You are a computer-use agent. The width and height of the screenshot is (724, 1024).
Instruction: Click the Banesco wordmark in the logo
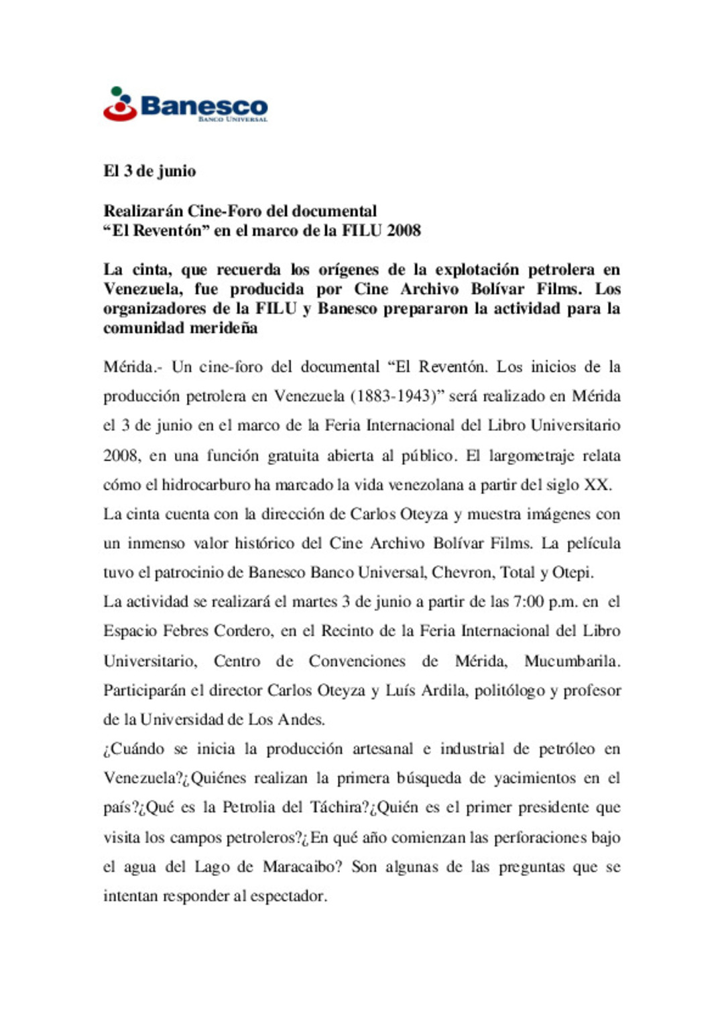[x=204, y=106]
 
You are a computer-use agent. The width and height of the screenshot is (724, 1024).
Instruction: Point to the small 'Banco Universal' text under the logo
[x=233, y=119]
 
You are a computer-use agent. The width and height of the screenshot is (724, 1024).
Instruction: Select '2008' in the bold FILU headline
[x=404, y=231]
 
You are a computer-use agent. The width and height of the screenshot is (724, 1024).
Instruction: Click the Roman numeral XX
[x=596, y=485]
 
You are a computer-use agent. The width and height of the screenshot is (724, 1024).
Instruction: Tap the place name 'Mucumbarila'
[x=571, y=661]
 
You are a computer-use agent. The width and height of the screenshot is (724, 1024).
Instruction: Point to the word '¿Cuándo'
[x=133, y=749]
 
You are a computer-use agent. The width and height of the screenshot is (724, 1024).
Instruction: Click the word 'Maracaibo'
[x=302, y=867]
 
